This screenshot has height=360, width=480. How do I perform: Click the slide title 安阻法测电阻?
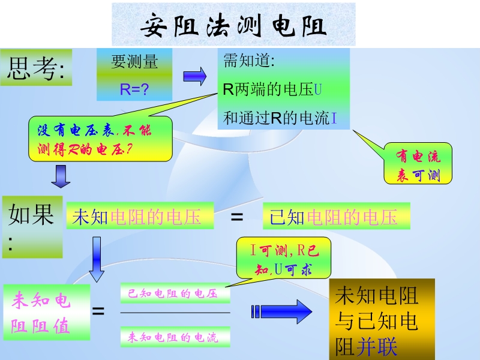[233, 26]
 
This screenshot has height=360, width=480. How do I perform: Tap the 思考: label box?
[36, 67]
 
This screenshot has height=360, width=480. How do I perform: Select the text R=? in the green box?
[134, 89]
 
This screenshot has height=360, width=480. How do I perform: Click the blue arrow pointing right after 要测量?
[194, 76]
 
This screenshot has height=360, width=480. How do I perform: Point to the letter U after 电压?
[319, 90]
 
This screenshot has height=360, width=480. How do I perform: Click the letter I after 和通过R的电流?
[334, 118]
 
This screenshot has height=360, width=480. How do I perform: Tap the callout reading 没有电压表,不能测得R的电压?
[100, 139]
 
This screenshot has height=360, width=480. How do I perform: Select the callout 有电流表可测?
[418, 166]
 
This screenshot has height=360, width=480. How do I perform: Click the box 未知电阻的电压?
[140, 216]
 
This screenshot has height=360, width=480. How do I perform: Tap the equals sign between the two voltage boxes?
[238, 217]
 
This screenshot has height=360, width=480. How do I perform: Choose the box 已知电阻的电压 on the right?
[336, 216]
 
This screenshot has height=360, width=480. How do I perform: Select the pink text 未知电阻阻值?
[46, 313]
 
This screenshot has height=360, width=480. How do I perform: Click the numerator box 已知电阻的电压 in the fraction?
[175, 293]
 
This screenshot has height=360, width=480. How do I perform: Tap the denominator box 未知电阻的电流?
[175, 337]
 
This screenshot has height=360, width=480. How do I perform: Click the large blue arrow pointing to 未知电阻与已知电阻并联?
[282, 311]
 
